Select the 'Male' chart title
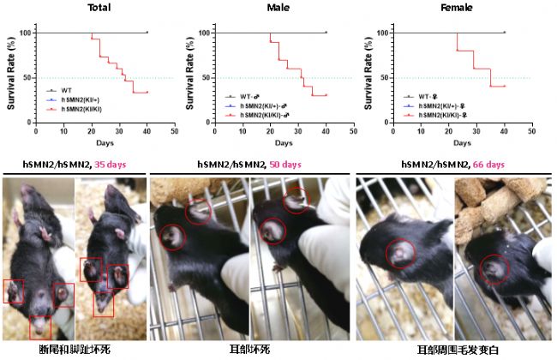(278, 8)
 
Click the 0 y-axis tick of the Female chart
(384, 123)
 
